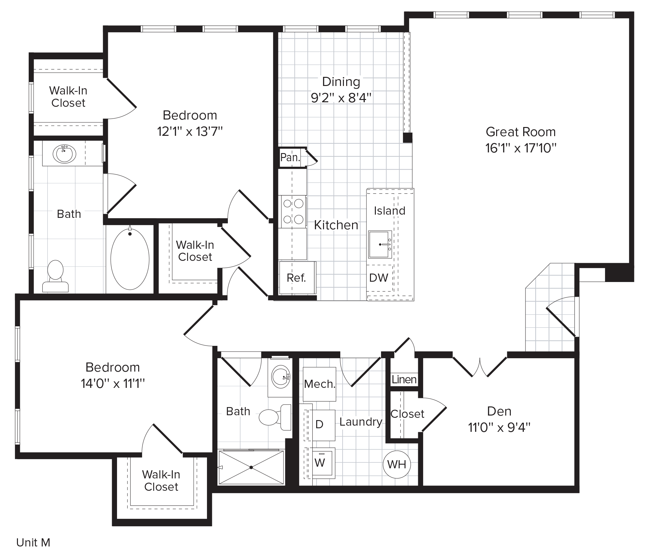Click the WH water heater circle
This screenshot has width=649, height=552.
(x=397, y=464)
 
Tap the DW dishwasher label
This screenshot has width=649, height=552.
(x=378, y=278)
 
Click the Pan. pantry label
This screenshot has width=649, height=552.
(x=290, y=158)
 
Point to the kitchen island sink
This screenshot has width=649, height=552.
(x=380, y=244)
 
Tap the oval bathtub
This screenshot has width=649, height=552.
(x=130, y=259)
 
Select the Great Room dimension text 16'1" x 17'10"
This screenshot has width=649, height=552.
(x=521, y=148)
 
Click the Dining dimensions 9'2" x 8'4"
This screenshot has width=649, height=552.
(x=341, y=98)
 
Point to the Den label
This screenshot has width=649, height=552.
(x=499, y=411)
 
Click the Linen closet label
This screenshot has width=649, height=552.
(x=404, y=379)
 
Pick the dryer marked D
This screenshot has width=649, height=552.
(x=320, y=424)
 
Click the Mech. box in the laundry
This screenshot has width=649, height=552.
(x=319, y=384)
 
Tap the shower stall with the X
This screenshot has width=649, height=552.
(x=251, y=468)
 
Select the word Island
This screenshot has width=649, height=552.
(x=390, y=211)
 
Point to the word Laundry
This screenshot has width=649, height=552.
(x=361, y=422)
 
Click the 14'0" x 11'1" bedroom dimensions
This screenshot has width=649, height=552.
(x=113, y=384)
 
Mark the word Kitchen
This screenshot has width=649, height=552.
(x=336, y=225)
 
